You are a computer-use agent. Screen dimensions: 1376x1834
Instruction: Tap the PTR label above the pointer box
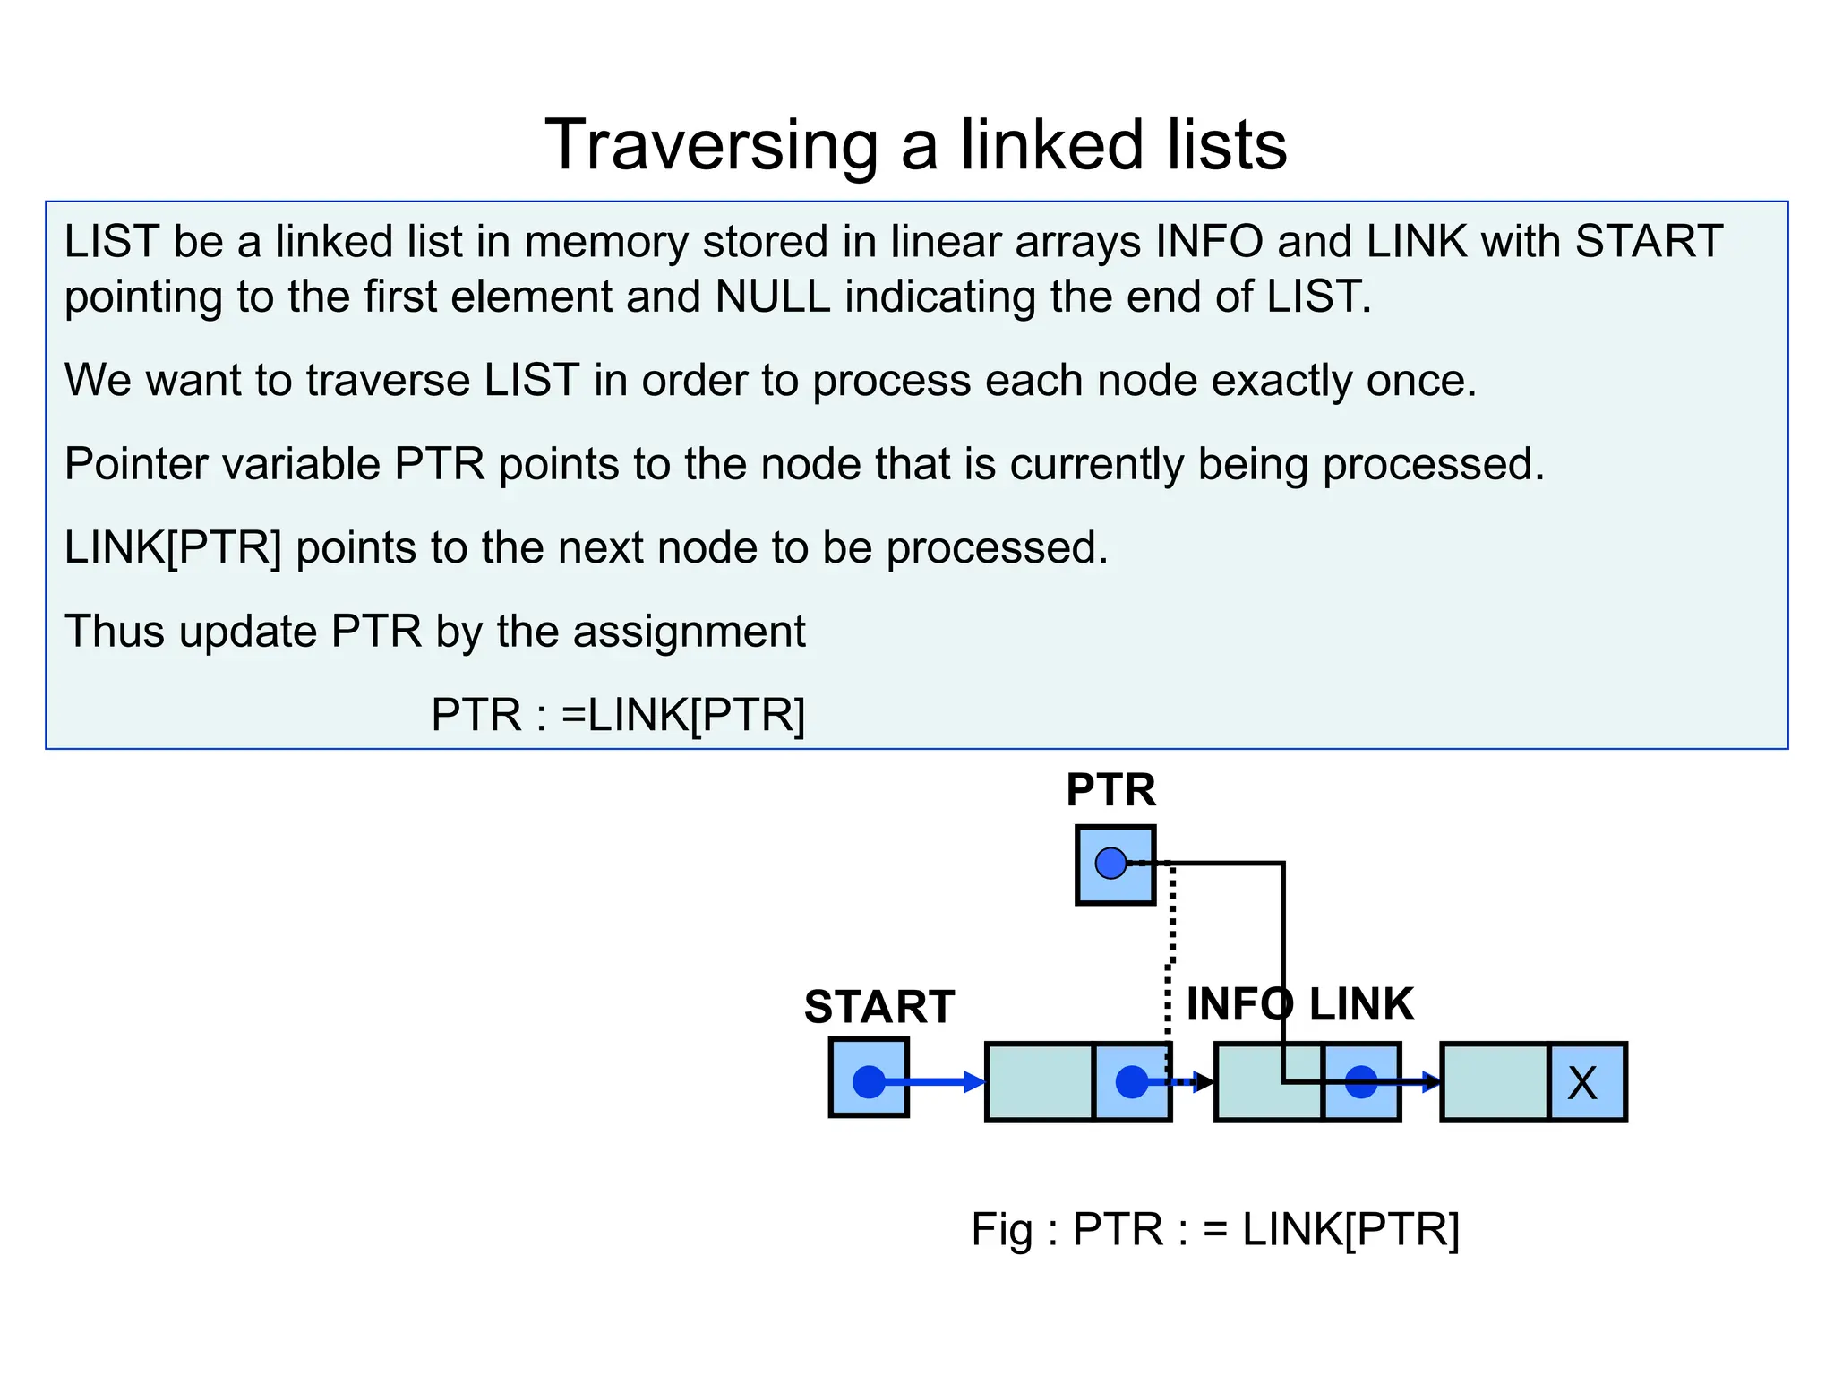click(x=1110, y=790)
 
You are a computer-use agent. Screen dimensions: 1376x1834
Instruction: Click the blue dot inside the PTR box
click(x=1110, y=864)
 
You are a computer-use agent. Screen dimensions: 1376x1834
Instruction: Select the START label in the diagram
click(x=878, y=1007)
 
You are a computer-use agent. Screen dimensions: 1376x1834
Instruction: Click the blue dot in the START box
click(x=869, y=1081)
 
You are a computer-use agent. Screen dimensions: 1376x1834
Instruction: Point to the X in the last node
click(x=1582, y=1083)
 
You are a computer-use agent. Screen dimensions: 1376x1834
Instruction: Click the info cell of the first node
click(x=1039, y=1081)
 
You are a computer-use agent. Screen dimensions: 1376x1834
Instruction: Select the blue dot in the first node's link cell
click(x=1131, y=1081)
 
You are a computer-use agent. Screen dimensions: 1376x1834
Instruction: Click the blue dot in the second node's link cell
click(x=1360, y=1081)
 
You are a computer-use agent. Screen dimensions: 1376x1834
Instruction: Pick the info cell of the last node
click(x=1495, y=1081)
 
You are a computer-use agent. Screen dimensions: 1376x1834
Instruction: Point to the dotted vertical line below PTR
click(x=1171, y=941)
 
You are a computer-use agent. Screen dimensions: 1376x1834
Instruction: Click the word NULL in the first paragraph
click(x=773, y=297)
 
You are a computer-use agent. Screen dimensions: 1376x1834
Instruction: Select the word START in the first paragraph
click(x=1649, y=241)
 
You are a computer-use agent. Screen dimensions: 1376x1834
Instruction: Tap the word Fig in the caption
click(x=1001, y=1229)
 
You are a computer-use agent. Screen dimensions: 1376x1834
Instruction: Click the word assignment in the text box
click(x=689, y=631)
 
